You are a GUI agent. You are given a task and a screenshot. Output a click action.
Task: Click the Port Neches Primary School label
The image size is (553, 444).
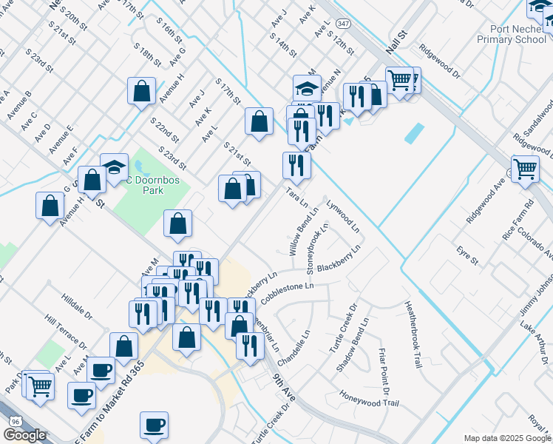coord(512,34)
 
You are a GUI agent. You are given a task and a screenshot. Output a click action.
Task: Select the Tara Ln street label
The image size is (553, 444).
coord(296,198)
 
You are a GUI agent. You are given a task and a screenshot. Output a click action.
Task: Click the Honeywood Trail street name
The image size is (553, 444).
coord(369,399)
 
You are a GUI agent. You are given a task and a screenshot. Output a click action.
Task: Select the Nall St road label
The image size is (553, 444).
coord(396,45)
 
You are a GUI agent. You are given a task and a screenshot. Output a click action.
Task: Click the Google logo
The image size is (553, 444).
coord(24,435)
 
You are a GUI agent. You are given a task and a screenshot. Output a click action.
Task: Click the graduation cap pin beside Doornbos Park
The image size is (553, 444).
coord(114,167)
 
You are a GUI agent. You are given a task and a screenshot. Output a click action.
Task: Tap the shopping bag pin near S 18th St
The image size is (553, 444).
coord(141,91)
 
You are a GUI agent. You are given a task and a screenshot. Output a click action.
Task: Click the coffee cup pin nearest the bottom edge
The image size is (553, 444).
coord(155,425)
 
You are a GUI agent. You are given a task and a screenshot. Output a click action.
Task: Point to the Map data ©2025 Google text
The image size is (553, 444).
coord(506,438)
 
